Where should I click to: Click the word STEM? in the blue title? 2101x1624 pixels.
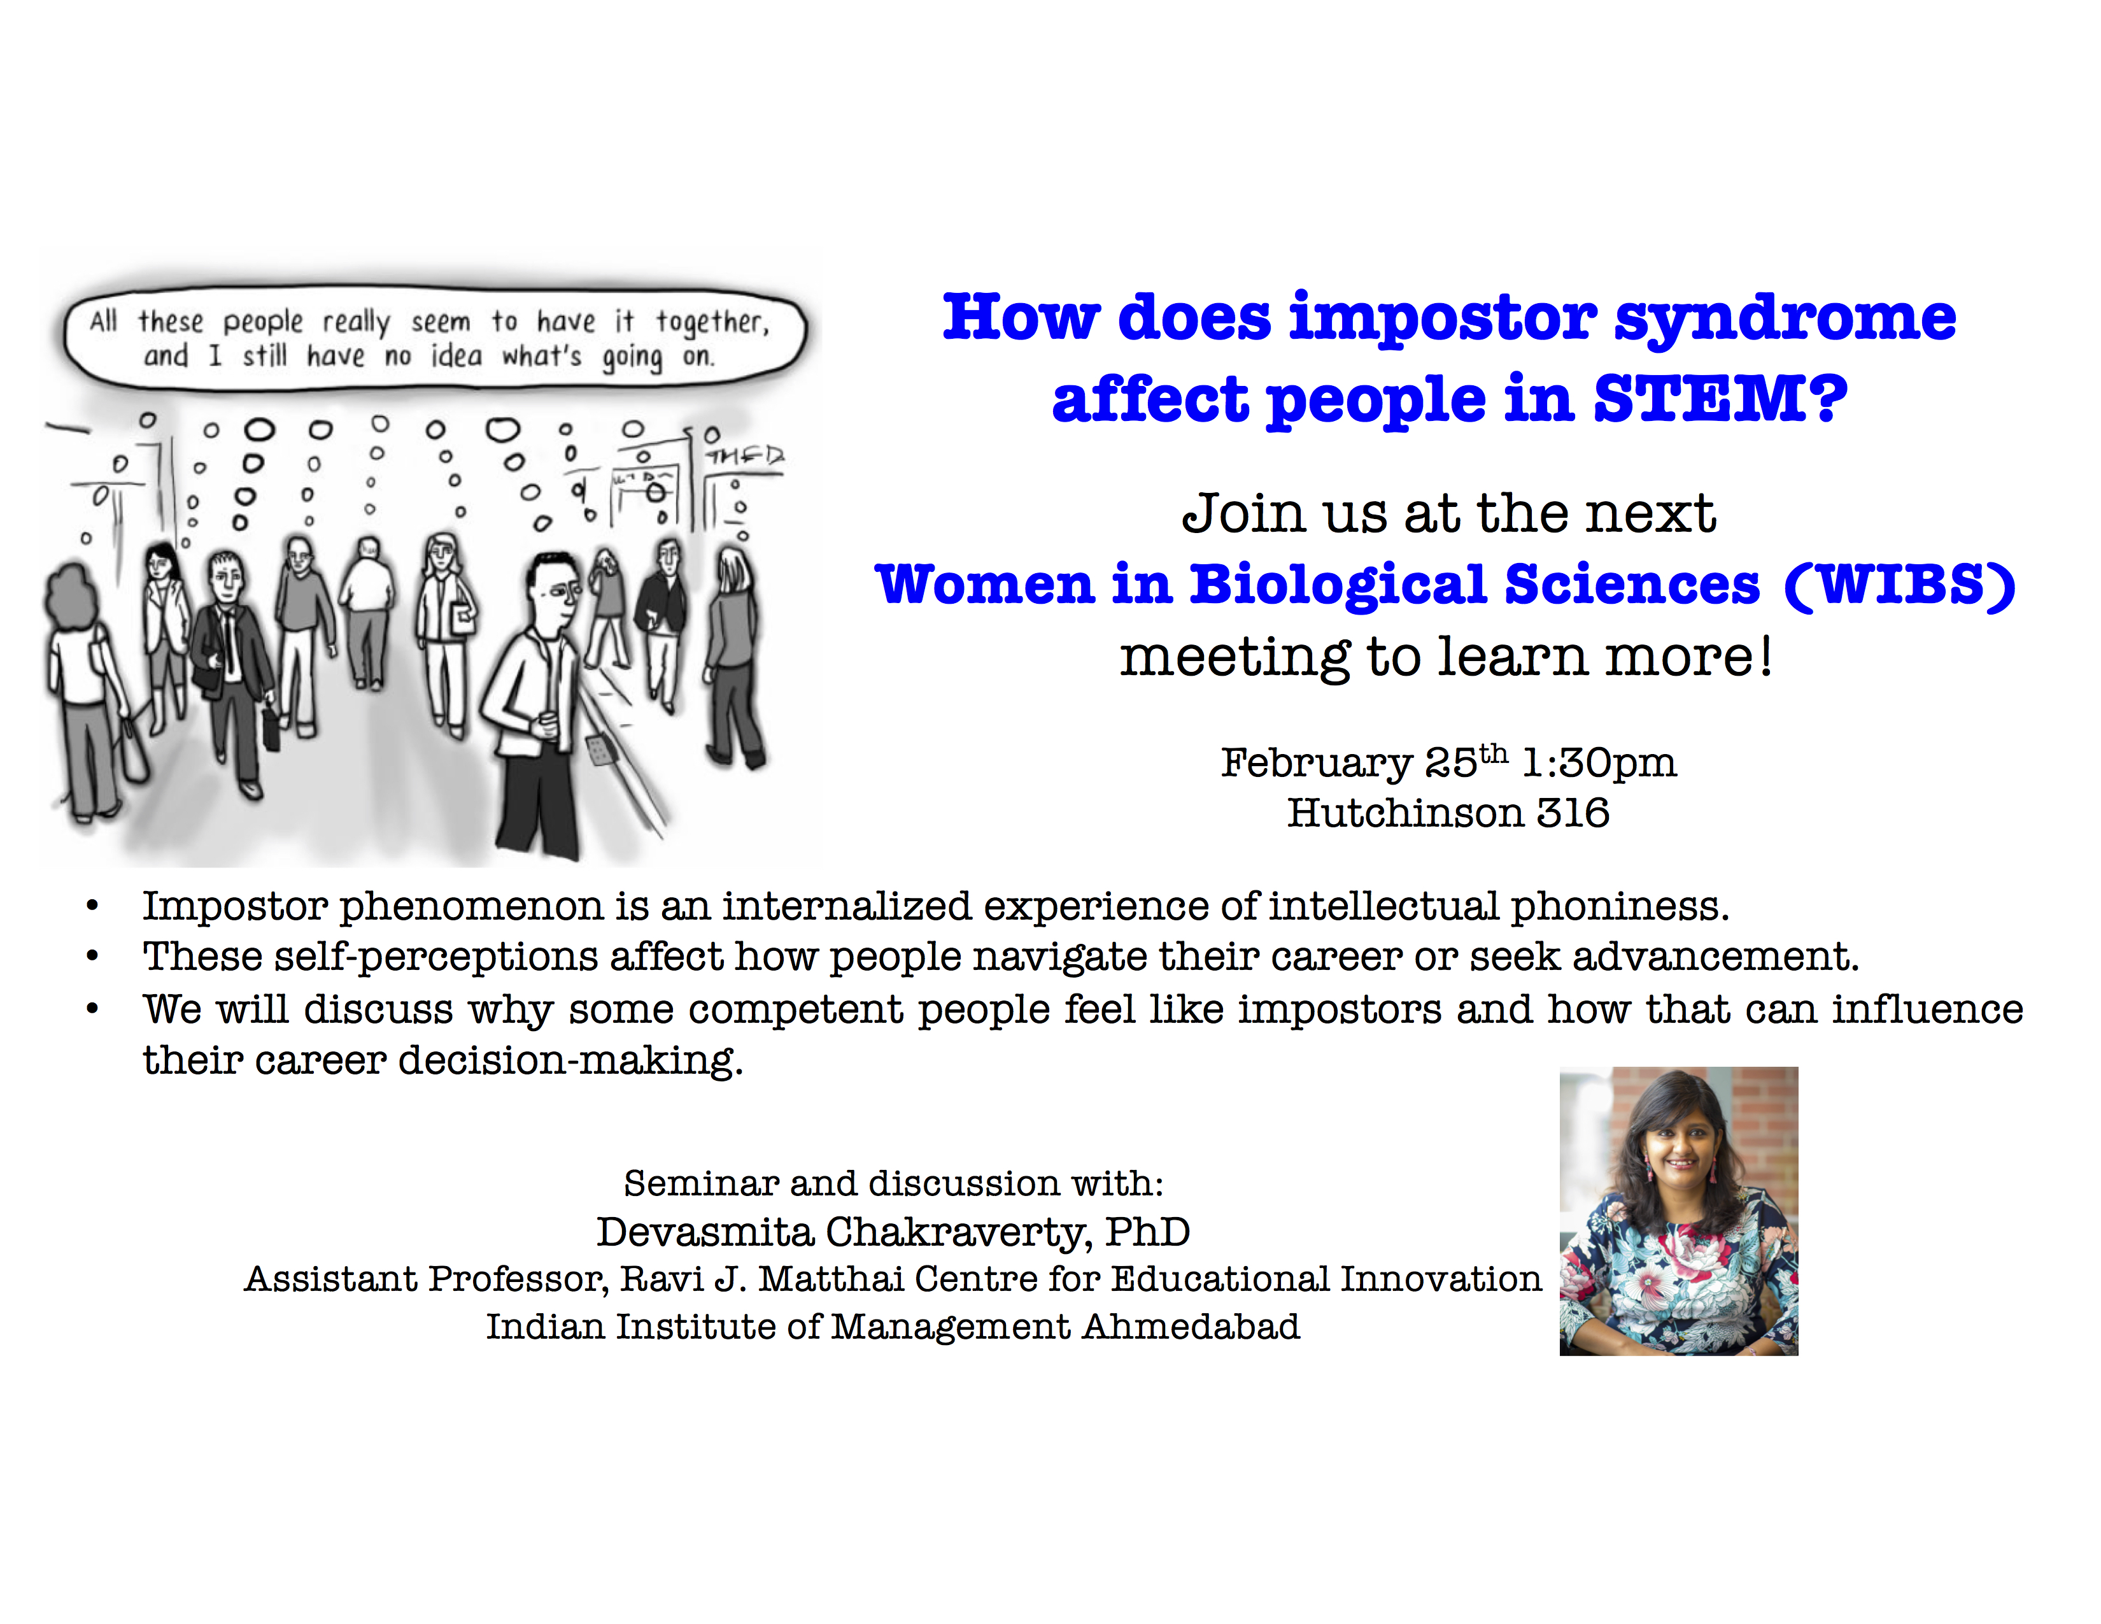point(1720,397)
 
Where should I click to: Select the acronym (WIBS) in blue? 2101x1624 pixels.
point(1899,584)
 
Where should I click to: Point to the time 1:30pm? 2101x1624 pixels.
point(1599,762)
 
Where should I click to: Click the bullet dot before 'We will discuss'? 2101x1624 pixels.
point(92,1009)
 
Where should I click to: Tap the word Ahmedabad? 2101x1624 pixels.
point(1191,1327)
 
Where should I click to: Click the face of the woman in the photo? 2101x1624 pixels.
point(1681,1151)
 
